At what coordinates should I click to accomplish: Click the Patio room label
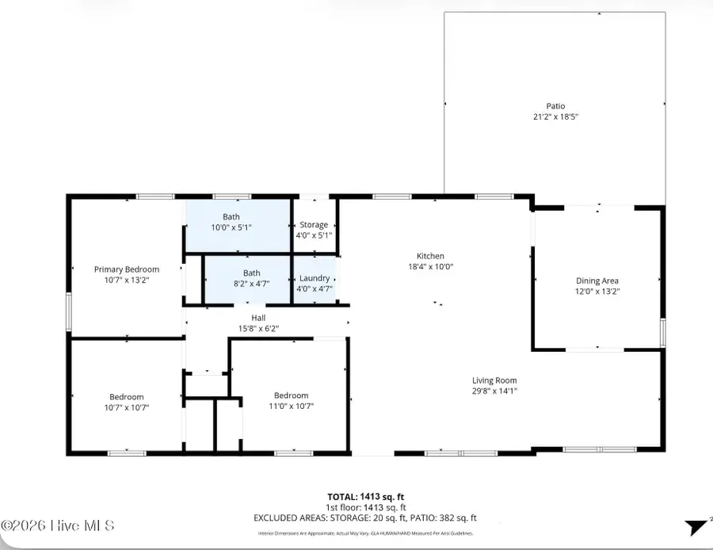(x=555, y=105)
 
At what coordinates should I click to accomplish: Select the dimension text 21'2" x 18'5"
(x=555, y=116)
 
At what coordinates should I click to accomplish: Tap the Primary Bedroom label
(x=127, y=269)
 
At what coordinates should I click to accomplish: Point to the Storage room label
(x=314, y=225)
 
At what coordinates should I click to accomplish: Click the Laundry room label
(x=315, y=278)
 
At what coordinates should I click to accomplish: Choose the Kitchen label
(x=431, y=256)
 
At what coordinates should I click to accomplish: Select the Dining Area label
(x=597, y=281)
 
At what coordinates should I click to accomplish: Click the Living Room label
(x=495, y=380)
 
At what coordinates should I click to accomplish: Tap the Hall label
(x=258, y=318)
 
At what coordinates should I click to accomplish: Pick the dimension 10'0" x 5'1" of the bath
(x=231, y=227)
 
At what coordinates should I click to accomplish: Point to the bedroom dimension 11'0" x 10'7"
(x=292, y=407)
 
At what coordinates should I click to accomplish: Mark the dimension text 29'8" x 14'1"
(x=495, y=391)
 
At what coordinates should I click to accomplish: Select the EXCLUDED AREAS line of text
(x=365, y=518)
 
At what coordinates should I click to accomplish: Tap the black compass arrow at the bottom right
(x=697, y=527)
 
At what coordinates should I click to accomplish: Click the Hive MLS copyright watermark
(x=58, y=525)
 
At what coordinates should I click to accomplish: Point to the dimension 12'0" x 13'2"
(x=597, y=291)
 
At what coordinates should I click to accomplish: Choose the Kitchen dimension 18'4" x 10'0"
(x=431, y=267)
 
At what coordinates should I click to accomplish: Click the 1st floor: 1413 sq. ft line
(x=366, y=507)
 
